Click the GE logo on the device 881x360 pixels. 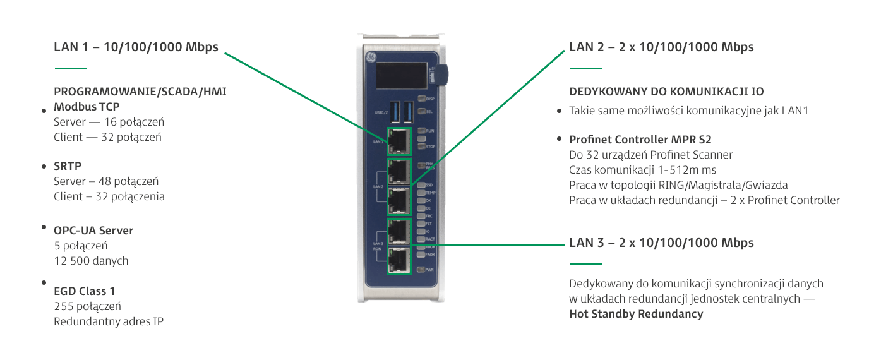tap(371, 58)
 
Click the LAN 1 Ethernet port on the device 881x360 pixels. tap(399, 141)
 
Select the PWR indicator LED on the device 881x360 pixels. tap(421, 270)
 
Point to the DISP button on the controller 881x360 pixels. tap(421, 99)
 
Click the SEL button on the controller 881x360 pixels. tap(421, 111)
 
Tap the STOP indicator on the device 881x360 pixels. tap(421, 146)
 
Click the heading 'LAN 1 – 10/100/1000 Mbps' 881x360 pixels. tap(136, 47)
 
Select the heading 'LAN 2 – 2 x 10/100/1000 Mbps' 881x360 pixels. tap(661, 47)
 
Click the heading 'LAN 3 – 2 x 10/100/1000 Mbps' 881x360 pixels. tap(661, 243)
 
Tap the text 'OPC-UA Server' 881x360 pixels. tap(93, 231)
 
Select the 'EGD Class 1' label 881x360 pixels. tap(85, 291)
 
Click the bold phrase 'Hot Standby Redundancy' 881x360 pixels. tap(636, 314)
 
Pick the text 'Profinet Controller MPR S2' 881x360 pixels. tap(641, 140)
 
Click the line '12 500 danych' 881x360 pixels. tap(91, 260)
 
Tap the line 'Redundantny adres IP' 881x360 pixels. tap(109, 321)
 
